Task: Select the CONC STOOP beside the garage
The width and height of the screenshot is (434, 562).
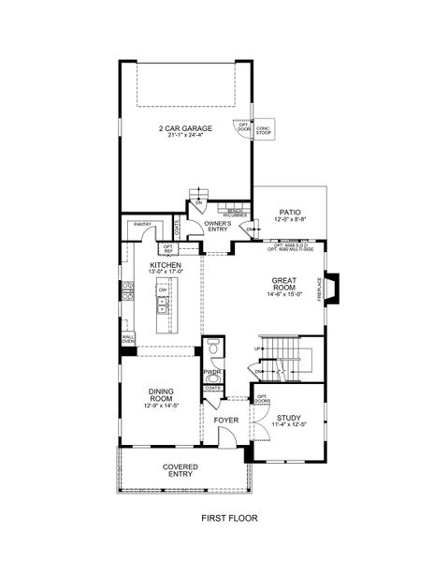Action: coord(263,131)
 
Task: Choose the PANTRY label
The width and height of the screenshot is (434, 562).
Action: coord(142,224)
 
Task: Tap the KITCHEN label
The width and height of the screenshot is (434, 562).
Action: coord(166,265)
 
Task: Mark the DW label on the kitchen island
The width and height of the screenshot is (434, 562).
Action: coord(162,290)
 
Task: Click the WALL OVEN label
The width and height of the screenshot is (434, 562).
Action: coord(127,340)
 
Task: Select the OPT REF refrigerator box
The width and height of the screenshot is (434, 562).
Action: coord(168,248)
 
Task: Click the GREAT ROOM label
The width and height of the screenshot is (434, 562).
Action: coord(284,284)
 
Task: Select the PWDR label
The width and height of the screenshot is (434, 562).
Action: coord(211,372)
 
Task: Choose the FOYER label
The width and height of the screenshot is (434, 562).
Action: coord(225,421)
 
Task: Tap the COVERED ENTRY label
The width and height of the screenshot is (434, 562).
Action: coord(179,469)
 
